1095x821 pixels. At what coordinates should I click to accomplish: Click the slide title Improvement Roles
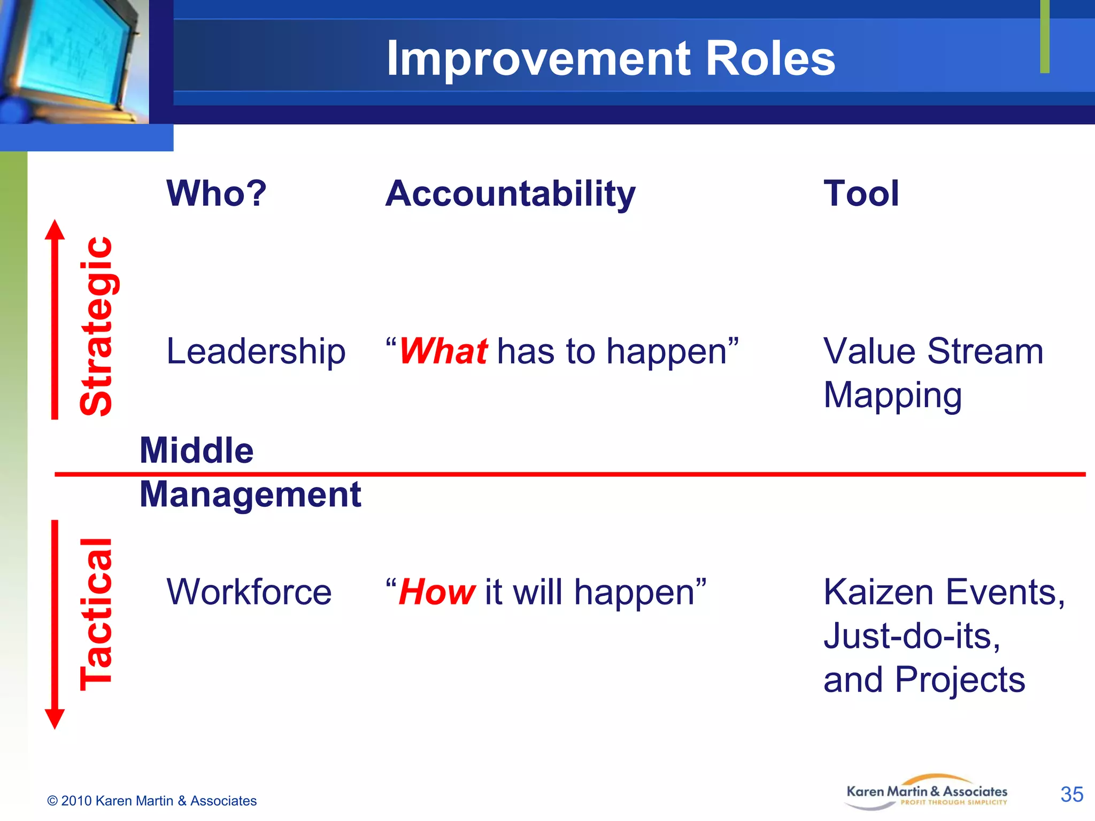(x=611, y=59)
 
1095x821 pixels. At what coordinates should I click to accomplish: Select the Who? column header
(x=216, y=193)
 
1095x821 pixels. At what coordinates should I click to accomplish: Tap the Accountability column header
(x=510, y=193)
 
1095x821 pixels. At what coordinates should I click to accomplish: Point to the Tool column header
(x=861, y=193)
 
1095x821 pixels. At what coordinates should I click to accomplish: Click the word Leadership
(x=256, y=352)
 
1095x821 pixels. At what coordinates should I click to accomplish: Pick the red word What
(x=443, y=352)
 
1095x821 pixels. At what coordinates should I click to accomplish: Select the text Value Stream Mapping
(x=932, y=373)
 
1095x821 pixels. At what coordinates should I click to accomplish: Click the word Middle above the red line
(x=196, y=451)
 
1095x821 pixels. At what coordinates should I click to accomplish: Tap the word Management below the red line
(x=250, y=494)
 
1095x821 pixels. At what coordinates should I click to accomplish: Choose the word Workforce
(x=249, y=592)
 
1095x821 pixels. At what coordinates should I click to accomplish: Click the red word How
(x=436, y=592)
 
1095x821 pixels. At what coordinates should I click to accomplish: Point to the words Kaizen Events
(x=944, y=592)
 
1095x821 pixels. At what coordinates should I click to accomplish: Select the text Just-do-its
(x=911, y=636)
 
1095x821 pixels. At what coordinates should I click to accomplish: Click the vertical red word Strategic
(x=97, y=326)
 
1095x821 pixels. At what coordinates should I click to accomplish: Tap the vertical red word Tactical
(x=97, y=615)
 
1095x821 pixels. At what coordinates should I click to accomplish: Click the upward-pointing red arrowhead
(x=55, y=230)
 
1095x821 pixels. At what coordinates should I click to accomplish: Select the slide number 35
(x=1071, y=795)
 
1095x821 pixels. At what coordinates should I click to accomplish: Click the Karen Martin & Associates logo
(x=926, y=792)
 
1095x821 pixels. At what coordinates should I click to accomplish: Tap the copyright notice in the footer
(x=152, y=801)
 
